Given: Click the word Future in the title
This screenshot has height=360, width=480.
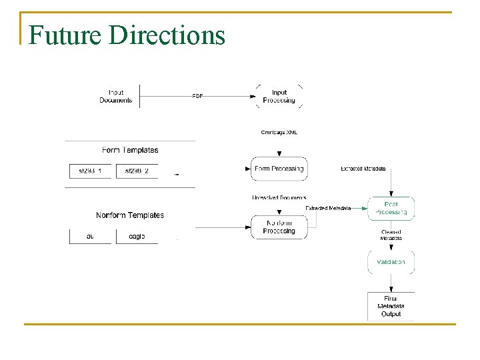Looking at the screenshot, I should [65, 35].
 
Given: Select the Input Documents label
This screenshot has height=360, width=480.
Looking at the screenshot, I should [116, 97].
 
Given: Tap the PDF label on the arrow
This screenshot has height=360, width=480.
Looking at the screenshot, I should [198, 96].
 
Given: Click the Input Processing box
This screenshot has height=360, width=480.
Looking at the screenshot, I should [279, 97].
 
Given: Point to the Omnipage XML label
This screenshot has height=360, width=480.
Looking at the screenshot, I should [279, 132].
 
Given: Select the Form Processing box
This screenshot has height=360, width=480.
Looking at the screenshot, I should [279, 169].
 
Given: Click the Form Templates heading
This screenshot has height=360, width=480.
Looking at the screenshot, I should [130, 150].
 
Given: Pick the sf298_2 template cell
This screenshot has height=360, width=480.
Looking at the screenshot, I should [137, 171].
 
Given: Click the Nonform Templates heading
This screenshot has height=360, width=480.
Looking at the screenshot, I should [130, 215].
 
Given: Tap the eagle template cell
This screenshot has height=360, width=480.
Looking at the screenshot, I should [137, 236].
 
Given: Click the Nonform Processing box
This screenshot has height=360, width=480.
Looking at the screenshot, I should [279, 227].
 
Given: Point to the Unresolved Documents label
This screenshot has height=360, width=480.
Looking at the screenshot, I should [279, 197].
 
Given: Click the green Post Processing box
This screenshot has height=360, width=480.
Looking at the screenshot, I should [391, 209].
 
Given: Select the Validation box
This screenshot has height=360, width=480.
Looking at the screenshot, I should [391, 262].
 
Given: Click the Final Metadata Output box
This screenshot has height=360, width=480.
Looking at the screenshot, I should [391, 306].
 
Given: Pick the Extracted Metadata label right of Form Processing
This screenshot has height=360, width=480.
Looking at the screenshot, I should [363, 169].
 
